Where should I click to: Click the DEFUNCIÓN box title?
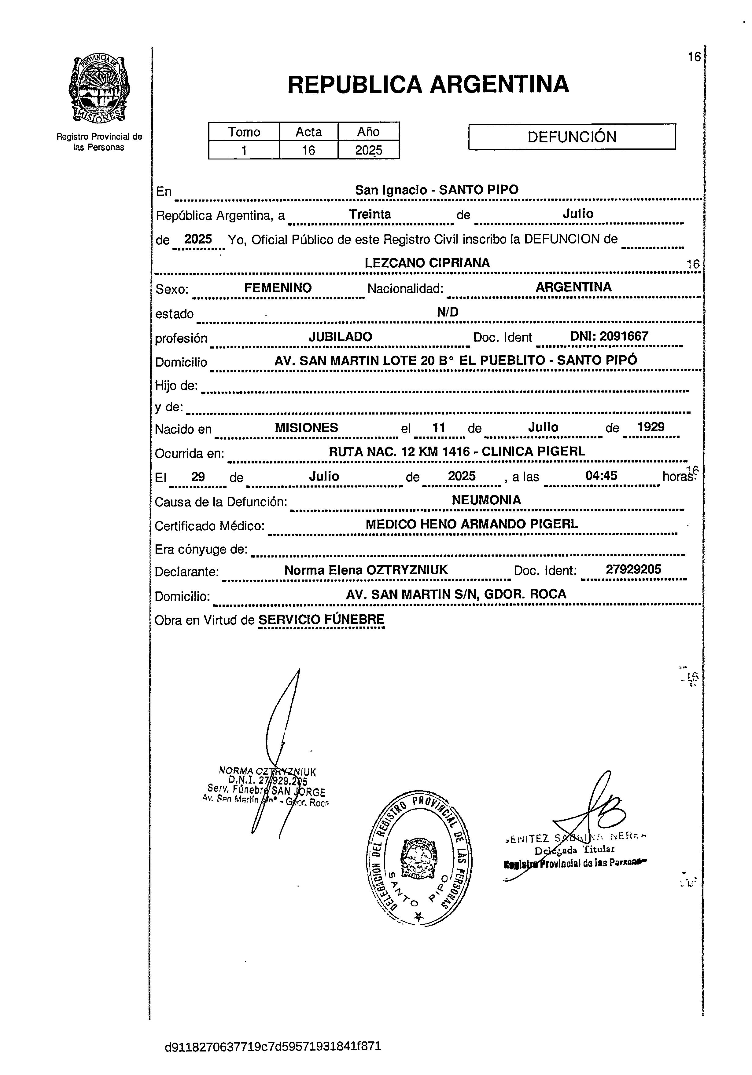pyautogui.click(x=572, y=137)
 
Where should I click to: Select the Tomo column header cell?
pyautogui.click(x=244, y=132)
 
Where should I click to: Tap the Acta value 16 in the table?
pyautogui.click(x=308, y=150)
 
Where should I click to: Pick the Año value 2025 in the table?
pyautogui.click(x=368, y=150)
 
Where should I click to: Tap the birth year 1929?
pyautogui.click(x=651, y=427)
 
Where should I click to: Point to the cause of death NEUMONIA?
pyautogui.click(x=486, y=500)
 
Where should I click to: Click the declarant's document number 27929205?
pyautogui.click(x=633, y=569)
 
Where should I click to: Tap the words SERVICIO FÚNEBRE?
pyautogui.click(x=321, y=620)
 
